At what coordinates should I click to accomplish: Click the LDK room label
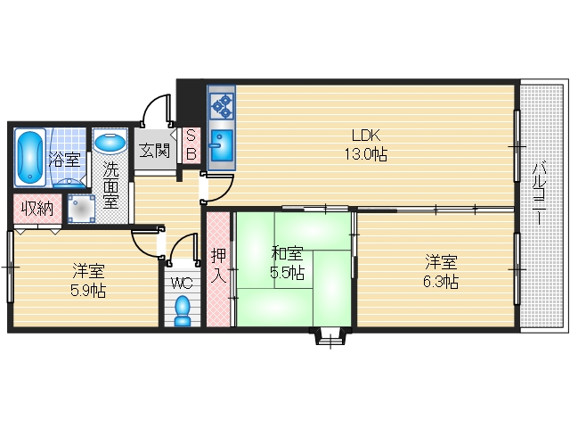click(366, 136)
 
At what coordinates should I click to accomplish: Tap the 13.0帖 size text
click(366, 154)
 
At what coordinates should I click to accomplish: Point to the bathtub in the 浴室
click(28, 156)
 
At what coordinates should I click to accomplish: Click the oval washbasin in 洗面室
click(110, 144)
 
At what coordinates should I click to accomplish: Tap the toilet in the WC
click(183, 311)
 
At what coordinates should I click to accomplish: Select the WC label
click(183, 284)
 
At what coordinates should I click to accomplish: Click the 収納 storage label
click(37, 209)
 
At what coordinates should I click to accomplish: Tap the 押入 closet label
click(218, 265)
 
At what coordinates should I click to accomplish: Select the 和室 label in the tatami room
click(287, 253)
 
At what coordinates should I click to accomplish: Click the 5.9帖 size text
click(88, 290)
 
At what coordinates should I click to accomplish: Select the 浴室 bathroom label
click(64, 160)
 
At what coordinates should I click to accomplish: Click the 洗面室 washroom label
click(110, 185)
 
